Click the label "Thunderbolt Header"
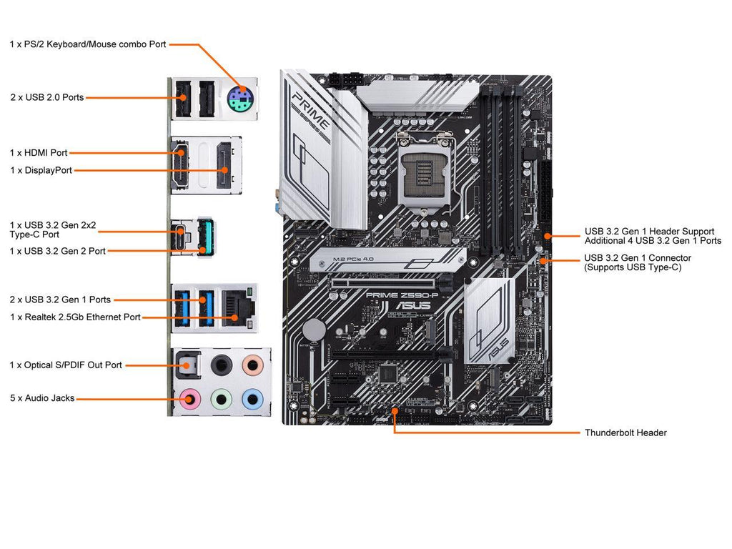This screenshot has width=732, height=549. click(625, 432)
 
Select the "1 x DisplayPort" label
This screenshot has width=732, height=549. click(41, 170)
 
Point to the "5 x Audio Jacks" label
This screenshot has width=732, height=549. click(42, 398)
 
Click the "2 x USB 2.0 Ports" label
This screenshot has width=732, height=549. click(47, 97)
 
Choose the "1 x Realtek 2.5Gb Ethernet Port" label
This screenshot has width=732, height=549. click(75, 317)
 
